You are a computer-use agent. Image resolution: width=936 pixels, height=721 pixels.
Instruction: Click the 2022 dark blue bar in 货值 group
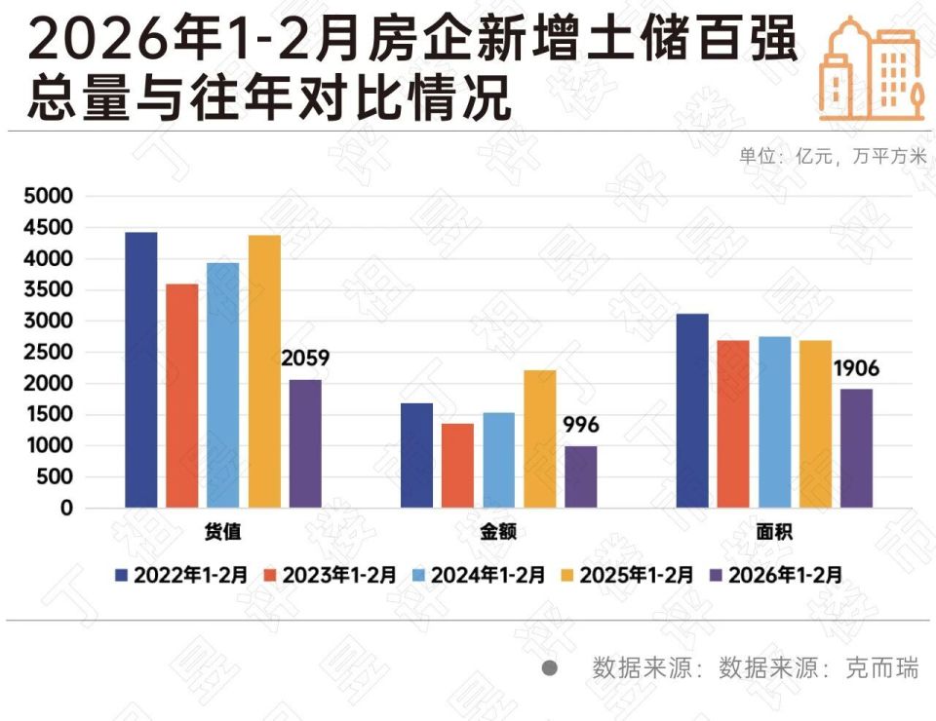coord(140,370)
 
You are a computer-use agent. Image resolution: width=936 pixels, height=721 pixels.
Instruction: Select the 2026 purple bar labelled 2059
coord(305,444)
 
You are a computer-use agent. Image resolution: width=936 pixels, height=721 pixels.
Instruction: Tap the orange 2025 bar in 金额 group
coord(539,439)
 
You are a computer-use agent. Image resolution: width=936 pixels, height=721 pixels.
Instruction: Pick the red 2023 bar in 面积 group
coord(734,425)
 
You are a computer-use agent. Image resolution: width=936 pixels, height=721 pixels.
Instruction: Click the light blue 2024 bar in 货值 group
coord(222,386)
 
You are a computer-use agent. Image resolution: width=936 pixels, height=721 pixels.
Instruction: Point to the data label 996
coord(581,426)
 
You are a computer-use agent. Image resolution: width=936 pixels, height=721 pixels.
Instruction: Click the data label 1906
coord(856,368)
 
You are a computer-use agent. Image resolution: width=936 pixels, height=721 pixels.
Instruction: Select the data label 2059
coord(305,359)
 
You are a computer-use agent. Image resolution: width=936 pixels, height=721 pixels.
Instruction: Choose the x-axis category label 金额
coord(498,533)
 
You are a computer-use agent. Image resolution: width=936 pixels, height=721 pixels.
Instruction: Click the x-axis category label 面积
coord(775,533)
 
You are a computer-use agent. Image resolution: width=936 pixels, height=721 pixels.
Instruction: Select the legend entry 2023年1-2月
coord(331,575)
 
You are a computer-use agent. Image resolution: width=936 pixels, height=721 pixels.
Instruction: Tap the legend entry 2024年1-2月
coord(479,575)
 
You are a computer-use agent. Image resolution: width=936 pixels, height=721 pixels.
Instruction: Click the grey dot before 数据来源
coord(550,669)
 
